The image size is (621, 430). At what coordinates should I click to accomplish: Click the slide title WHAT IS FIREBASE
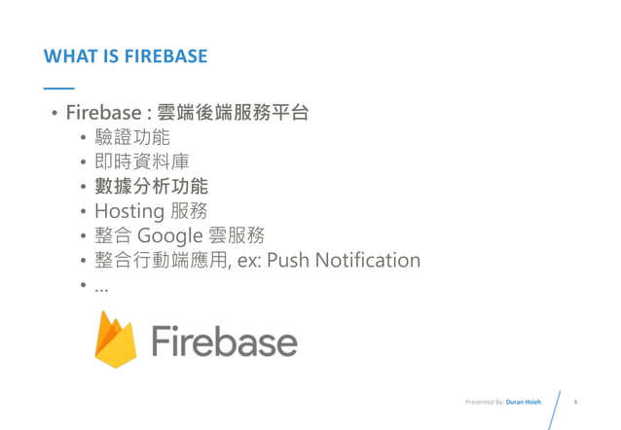[x=126, y=56]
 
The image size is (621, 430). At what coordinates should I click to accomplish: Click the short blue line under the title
[x=58, y=89]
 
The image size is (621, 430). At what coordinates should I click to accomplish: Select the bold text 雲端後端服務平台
[x=239, y=112]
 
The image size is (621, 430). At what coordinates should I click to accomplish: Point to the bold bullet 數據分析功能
[x=151, y=186]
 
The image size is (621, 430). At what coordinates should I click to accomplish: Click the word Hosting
[x=128, y=211]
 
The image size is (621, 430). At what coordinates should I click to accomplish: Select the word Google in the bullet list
[x=170, y=236]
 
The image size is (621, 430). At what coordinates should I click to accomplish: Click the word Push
[x=289, y=261]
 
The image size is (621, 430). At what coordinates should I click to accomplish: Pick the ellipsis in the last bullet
[x=101, y=288]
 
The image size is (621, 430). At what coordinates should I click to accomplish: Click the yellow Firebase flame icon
[x=115, y=340]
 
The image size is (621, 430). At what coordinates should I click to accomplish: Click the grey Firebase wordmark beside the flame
[x=224, y=341]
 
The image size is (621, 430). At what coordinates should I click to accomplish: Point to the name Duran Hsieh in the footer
[x=525, y=402]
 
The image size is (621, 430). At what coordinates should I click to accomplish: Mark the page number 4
[x=578, y=401]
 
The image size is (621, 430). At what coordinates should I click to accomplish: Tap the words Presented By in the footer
[x=485, y=402]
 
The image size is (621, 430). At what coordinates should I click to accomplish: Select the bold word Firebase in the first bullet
[x=103, y=113]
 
